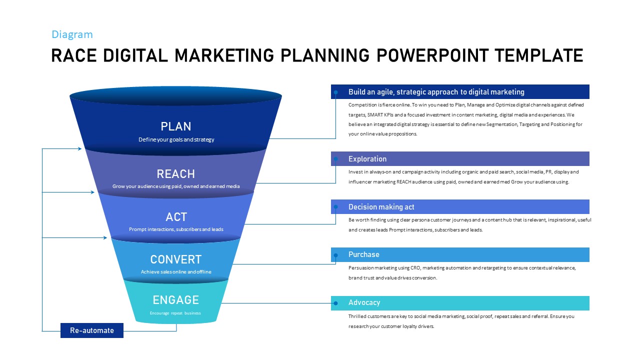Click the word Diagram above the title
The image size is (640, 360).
[72, 34]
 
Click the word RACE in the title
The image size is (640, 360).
[74, 55]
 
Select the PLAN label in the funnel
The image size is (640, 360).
[175, 126]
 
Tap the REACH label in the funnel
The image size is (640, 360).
[175, 173]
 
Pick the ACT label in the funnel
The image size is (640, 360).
[176, 217]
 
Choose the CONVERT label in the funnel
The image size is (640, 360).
[176, 259]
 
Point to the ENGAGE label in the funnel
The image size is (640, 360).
[175, 300]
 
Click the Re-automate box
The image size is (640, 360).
[92, 330]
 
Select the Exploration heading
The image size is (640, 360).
[367, 159]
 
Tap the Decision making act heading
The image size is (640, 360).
[381, 207]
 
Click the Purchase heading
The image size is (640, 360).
[363, 254]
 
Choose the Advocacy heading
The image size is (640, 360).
[364, 302]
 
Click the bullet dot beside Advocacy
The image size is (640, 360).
[335, 303]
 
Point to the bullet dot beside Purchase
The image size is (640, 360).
[335, 255]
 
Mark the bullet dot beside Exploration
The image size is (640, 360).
[335, 159]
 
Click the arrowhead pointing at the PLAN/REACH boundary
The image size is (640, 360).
[79, 148]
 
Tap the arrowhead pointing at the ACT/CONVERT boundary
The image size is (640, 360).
[105, 237]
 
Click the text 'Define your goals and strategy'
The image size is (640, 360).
[176, 139]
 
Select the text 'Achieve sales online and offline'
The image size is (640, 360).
[176, 271]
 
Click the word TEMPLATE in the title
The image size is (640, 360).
[539, 55]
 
